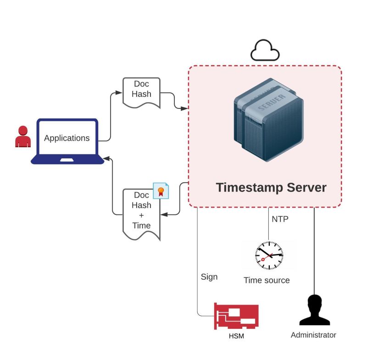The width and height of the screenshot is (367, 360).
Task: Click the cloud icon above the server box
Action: [265, 51]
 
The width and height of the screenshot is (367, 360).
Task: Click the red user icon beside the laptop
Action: [22, 136]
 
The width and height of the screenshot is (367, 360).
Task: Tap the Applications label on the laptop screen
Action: [67, 138]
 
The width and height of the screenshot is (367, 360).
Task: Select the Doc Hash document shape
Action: [142, 92]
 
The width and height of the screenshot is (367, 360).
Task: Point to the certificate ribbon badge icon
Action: [161, 191]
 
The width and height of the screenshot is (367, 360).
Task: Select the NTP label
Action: [280, 219]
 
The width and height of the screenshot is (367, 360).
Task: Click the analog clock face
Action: [269, 255]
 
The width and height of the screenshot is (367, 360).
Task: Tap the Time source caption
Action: [267, 280]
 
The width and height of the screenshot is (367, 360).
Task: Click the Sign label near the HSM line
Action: [209, 277]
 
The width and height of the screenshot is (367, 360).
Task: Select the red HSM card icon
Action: [236, 316]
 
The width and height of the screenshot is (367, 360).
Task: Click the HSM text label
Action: [236, 337]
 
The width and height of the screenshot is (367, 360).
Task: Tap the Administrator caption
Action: [313, 335]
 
